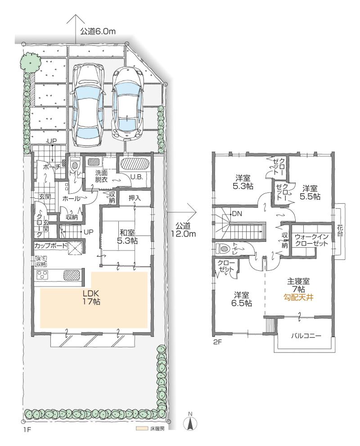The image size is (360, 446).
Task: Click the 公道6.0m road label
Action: click(x=98, y=31)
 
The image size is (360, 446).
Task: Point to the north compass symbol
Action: click(x=190, y=423)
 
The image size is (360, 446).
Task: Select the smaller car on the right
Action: click(x=128, y=104)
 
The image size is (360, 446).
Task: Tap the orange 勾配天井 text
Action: click(x=297, y=297)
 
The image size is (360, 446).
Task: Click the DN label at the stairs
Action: click(x=236, y=214)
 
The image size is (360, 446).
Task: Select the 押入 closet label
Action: click(x=135, y=198)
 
